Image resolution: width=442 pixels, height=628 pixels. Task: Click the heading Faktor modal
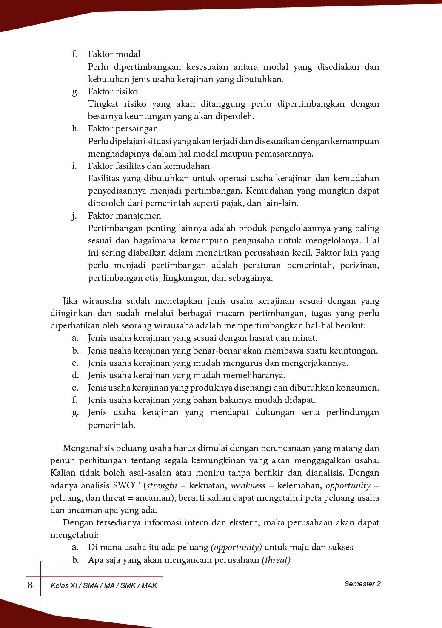(x=114, y=54)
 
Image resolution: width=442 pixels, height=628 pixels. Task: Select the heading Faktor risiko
(x=113, y=91)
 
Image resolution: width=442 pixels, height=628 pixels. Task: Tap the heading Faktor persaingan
(x=123, y=128)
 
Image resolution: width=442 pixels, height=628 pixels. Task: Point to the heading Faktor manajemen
(x=124, y=216)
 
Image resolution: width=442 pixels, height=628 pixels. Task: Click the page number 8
(x=30, y=585)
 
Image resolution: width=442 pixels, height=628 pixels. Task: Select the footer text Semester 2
(x=362, y=584)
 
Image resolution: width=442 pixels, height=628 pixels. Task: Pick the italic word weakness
(x=248, y=485)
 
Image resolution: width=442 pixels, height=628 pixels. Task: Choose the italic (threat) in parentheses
(x=276, y=560)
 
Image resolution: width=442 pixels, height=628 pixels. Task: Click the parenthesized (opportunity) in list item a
(x=236, y=548)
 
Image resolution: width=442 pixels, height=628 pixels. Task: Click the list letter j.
(x=74, y=216)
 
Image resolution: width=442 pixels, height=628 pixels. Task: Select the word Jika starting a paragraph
(x=71, y=301)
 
